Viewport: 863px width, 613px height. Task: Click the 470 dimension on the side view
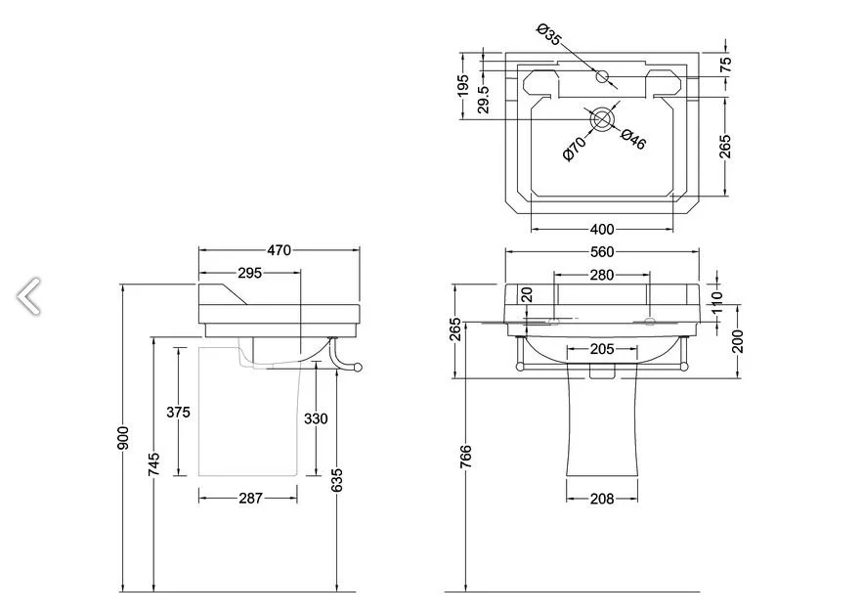point(280,250)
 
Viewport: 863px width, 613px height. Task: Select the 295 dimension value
point(250,273)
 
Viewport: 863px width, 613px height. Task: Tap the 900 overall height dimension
point(124,438)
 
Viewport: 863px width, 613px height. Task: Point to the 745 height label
point(154,463)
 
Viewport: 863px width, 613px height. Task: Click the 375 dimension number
point(178,412)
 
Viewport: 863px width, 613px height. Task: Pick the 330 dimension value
point(316,419)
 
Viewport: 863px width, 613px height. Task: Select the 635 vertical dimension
point(337,480)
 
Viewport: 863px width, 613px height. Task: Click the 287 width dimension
point(251,499)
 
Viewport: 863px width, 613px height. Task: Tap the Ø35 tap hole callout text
point(548,34)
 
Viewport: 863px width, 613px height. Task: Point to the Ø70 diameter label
point(575,150)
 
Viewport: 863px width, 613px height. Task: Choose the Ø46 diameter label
point(633,139)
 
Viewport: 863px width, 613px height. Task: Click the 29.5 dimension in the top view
point(483,99)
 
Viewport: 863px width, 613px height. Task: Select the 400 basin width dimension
point(602,229)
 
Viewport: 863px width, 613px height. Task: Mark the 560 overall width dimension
point(602,251)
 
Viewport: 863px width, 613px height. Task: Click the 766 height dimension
point(465,457)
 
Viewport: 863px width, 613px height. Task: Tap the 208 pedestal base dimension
point(602,499)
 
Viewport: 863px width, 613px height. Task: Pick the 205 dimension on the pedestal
point(602,349)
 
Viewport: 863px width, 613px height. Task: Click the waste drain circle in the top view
point(602,120)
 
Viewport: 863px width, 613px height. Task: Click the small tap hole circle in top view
point(602,76)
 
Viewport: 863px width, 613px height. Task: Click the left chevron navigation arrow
point(28,296)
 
